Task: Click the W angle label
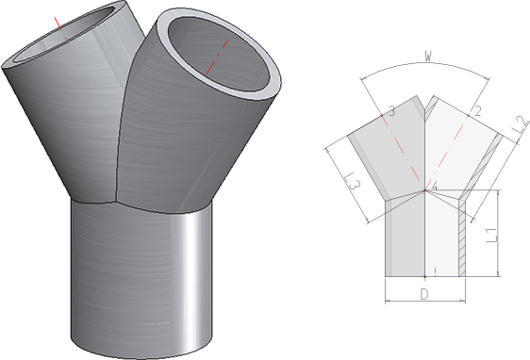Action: click(428, 57)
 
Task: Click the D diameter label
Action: click(424, 294)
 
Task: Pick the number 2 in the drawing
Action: click(477, 111)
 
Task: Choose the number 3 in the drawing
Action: click(391, 111)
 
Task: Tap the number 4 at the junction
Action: click(435, 186)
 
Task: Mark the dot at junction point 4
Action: click(425, 190)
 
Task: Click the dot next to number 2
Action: click(468, 116)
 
